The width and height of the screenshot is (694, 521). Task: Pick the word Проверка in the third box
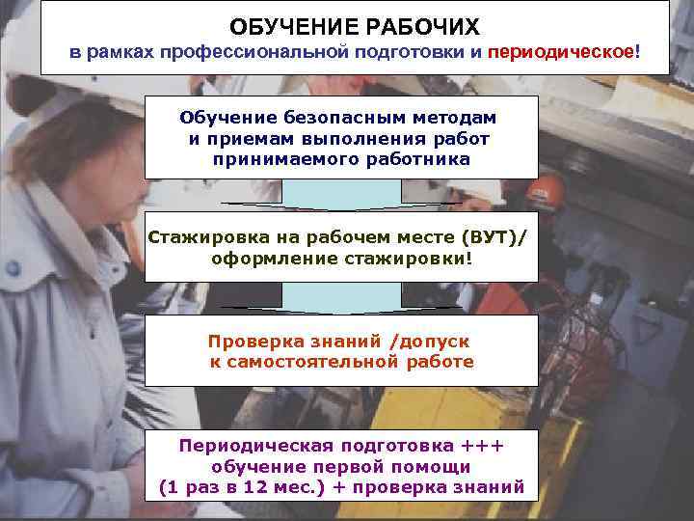click(x=247, y=342)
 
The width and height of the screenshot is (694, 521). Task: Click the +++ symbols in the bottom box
click(x=480, y=445)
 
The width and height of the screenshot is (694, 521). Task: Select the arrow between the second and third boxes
click(x=341, y=299)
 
